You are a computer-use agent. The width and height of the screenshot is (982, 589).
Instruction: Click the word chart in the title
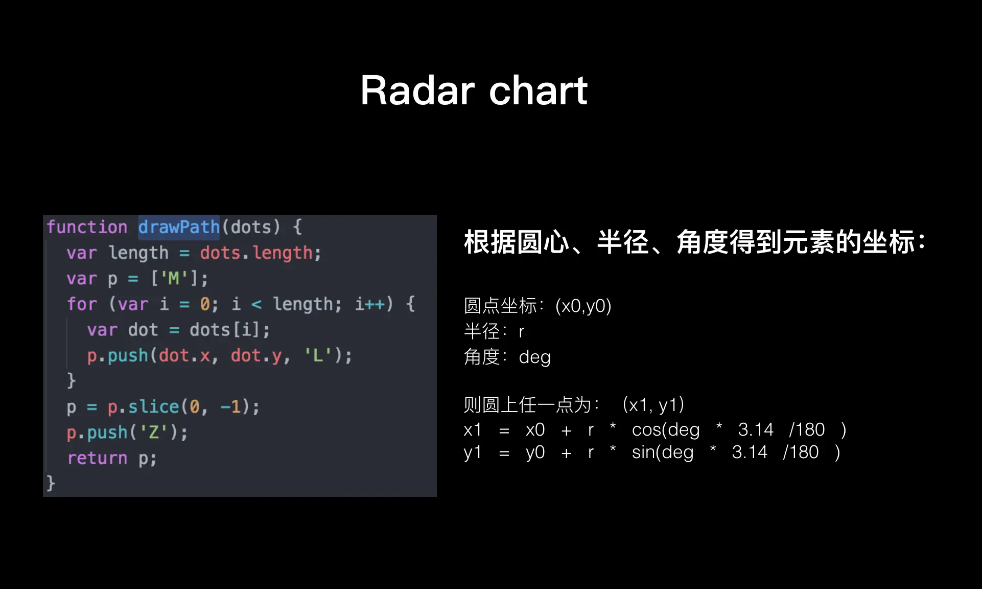pos(539,90)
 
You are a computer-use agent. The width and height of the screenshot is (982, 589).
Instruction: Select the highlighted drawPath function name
pos(179,227)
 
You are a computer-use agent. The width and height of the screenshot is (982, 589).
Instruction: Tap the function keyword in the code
pos(87,227)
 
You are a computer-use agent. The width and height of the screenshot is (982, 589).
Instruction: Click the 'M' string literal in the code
pos(174,279)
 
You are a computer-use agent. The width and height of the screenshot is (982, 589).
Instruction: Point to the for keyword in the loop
pos(82,304)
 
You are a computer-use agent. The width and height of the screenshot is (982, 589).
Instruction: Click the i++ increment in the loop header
pos(370,304)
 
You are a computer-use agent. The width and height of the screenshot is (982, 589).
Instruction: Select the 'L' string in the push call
pos(318,355)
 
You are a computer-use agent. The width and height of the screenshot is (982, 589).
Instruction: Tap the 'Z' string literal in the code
pos(153,433)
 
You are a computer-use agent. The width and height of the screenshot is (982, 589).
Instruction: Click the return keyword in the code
pos(97,458)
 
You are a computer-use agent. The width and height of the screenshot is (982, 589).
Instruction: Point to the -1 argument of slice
pos(230,407)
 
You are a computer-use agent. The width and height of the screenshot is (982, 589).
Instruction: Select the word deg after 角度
pos(534,357)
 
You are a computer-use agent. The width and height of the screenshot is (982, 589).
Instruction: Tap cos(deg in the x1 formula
pos(666,430)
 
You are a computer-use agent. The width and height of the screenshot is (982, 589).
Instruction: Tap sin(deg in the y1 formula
pos(663,452)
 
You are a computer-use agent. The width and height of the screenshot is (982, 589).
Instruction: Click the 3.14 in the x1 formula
pos(756,429)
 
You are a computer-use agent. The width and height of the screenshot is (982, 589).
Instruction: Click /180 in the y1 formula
pos(801,452)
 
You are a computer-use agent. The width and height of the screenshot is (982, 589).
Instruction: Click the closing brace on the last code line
pos(51,483)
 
